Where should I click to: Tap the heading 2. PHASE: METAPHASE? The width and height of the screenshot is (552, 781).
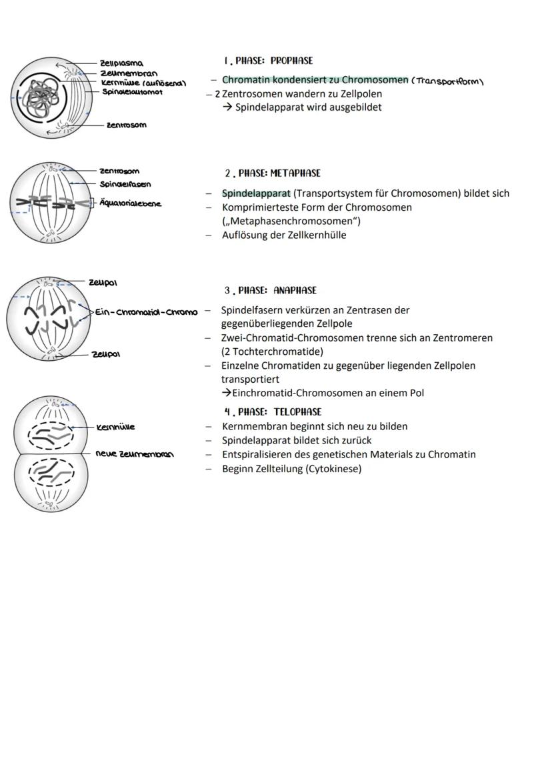click(273, 173)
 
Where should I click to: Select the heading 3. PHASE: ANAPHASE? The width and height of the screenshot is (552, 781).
click(271, 291)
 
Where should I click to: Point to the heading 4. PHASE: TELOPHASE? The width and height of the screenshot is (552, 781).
click(273, 412)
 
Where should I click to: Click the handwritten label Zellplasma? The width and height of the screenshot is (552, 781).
click(121, 63)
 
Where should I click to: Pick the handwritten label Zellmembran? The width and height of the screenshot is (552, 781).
click(129, 73)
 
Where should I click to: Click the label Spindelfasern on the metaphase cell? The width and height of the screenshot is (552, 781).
click(125, 184)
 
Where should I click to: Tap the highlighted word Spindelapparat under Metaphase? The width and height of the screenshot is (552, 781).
click(256, 193)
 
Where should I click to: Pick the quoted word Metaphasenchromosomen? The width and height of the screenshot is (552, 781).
click(291, 221)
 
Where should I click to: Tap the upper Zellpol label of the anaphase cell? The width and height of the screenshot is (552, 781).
click(103, 283)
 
